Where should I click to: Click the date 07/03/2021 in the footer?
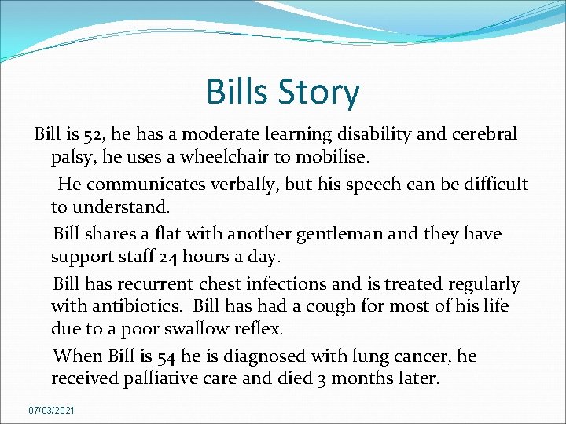(52, 410)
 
